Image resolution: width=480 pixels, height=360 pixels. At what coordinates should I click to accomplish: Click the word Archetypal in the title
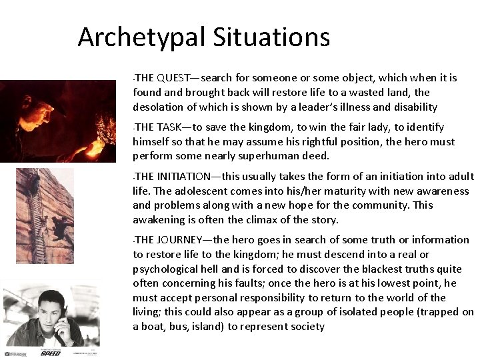(x=142, y=37)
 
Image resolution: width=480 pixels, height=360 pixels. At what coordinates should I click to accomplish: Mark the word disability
(x=413, y=107)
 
